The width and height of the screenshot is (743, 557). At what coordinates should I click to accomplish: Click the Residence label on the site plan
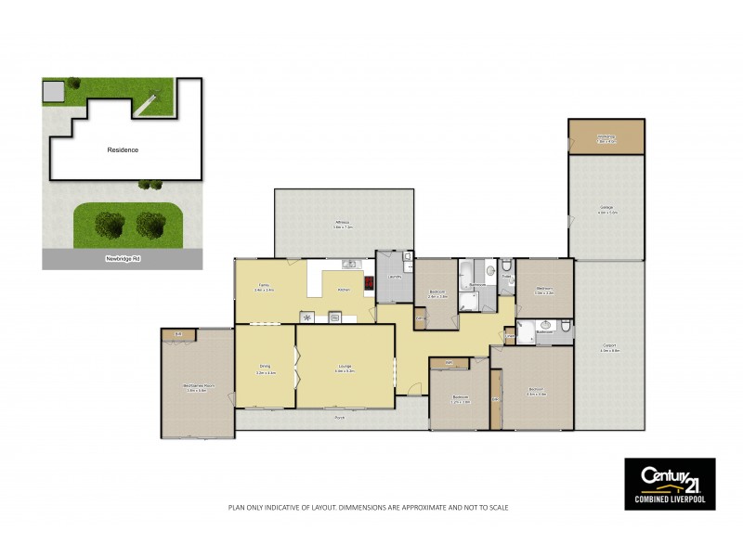coord(123,149)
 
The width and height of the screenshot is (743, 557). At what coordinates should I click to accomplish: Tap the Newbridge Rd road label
coord(123,259)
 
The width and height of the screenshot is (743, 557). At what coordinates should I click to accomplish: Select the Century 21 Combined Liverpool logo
coord(669,484)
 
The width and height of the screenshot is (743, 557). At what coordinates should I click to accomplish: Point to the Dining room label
coord(265,369)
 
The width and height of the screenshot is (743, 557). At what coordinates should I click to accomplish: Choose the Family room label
coord(265,288)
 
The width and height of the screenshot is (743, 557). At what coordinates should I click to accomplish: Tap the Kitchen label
coord(344,290)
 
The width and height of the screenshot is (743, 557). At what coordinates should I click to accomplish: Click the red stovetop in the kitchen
coord(369,285)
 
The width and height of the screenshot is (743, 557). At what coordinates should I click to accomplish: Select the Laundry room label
coord(394,277)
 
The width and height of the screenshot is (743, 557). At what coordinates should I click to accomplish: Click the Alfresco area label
coord(343,224)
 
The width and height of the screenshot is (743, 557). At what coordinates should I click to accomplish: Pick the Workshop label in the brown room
coord(606,137)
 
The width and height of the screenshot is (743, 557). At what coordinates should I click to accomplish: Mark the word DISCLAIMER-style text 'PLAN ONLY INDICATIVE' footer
coord(369,508)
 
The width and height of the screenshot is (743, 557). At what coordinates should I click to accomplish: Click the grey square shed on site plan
coord(53,91)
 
